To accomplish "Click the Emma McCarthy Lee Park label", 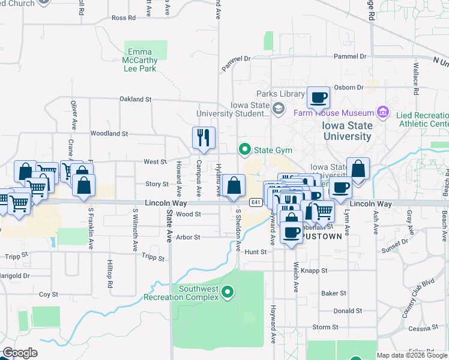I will [140, 60].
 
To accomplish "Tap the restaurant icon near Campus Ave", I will [203, 137].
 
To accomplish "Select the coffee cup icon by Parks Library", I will [318, 97].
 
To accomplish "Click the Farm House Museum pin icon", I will [382, 112].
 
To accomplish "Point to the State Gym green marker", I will [244, 149].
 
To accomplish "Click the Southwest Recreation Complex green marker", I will [228, 292].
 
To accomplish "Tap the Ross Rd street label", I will [123, 18].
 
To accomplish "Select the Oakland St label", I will [135, 98].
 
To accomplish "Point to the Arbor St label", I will [188, 238].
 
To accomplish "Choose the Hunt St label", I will [255, 252].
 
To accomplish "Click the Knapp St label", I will [314, 271].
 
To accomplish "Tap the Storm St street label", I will [325, 327].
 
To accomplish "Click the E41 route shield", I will [256, 202].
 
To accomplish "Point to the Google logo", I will [20, 353].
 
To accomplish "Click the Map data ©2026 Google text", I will [411, 355].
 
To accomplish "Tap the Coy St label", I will [49, 295].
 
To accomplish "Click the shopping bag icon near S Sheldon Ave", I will [233, 187].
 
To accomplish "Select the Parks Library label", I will [280, 94].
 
